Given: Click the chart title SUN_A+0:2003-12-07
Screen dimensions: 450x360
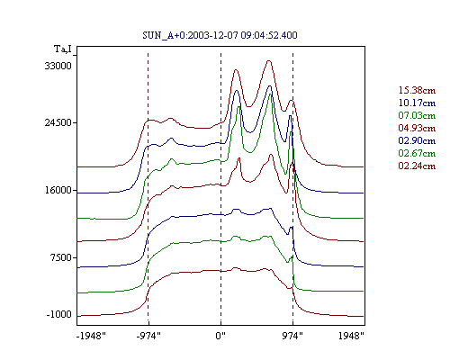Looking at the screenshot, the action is (x=220, y=35).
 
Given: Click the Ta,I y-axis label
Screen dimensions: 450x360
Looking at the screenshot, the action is (x=63, y=49).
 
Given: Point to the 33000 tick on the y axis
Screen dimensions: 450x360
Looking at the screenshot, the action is (x=58, y=66).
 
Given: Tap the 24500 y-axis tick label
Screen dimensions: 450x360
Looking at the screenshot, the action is (x=58, y=122).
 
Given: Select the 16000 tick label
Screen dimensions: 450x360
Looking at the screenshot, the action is (x=58, y=190).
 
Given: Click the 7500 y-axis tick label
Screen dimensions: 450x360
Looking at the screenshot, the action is (x=61, y=257).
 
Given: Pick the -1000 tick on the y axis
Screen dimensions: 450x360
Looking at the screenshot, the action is (x=59, y=314).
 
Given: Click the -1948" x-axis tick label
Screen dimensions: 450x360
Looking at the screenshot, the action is (x=91, y=336).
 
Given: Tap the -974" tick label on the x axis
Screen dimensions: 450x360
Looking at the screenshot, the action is (x=148, y=336).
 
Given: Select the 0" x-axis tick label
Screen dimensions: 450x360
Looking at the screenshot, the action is (x=220, y=336).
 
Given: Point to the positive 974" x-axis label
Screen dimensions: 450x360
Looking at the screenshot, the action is (x=292, y=336).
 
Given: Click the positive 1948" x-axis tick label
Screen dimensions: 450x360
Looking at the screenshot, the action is (x=351, y=336).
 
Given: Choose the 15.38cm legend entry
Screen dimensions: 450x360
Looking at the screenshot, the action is (x=417, y=90).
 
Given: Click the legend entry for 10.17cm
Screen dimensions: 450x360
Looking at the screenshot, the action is (x=417, y=103).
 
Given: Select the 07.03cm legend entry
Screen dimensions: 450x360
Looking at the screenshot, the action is (x=417, y=115).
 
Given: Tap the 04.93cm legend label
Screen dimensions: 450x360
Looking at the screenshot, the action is (x=417, y=128).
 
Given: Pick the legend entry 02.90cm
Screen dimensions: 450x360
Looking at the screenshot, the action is (x=417, y=140).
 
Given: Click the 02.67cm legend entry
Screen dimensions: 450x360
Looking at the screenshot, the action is (x=417, y=153).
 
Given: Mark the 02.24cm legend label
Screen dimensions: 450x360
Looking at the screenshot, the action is (x=417, y=166).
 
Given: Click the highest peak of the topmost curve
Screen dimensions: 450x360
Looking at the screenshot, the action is (x=269, y=61).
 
